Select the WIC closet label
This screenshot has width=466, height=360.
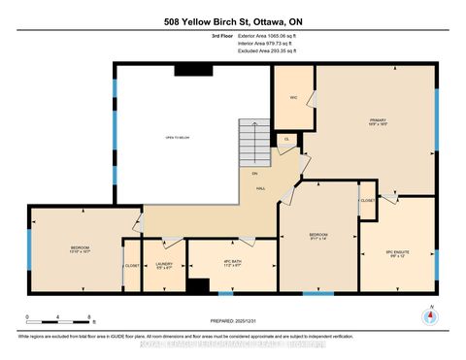pyautogui.click(x=292, y=98)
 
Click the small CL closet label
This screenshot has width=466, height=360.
pyautogui.click(x=285, y=141)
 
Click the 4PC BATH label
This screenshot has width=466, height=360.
pyautogui.click(x=232, y=262)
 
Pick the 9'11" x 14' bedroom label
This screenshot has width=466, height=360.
pyautogui.click(x=319, y=236)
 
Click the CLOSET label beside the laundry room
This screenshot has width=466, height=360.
pyautogui.click(x=131, y=265)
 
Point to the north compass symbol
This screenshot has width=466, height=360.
pyautogui.click(x=428, y=315)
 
